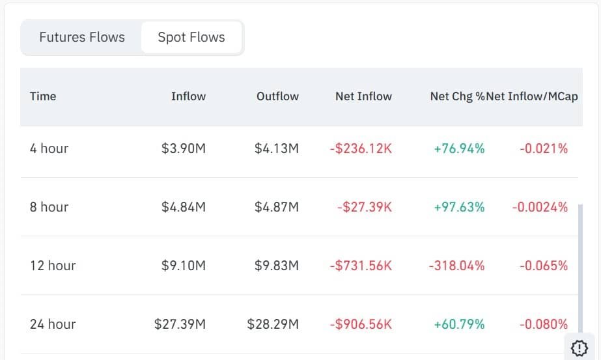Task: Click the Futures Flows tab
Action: [82, 37]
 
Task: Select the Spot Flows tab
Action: [191, 37]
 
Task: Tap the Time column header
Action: [43, 96]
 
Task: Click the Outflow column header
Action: [277, 96]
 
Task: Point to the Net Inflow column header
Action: [363, 96]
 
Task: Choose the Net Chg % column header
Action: [457, 96]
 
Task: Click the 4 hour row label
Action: [49, 148]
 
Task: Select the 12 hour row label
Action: [53, 266]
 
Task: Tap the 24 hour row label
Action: [53, 324]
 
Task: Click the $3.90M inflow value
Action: [184, 148]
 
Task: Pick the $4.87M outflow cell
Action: [277, 207]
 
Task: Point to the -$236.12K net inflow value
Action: [361, 148]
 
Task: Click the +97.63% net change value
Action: [459, 207]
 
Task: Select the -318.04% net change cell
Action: [456, 266]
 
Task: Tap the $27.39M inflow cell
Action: [180, 324]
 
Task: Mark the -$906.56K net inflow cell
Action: [361, 324]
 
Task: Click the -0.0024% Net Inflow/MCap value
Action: [540, 207]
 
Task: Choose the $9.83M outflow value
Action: [277, 266]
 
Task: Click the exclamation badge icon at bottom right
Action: [579, 347]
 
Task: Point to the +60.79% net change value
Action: [459, 324]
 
